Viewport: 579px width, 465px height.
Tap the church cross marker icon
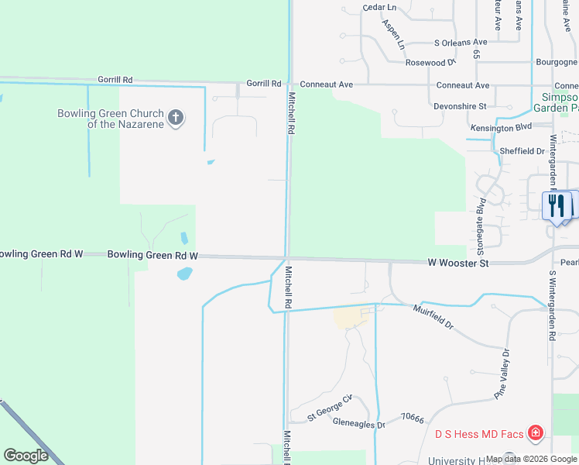click(176, 119)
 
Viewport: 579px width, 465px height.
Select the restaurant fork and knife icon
click(556, 206)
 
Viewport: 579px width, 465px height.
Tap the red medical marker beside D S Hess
click(534, 432)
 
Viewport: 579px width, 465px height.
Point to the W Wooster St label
click(458, 263)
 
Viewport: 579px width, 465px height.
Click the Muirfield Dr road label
click(433, 315)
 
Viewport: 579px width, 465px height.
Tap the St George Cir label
click(329, 407)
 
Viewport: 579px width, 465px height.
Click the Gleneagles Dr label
click(358, 424)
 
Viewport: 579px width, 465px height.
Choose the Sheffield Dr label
click(523, 150)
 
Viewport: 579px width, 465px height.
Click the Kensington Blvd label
click(501, 126)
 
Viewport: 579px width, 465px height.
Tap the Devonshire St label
click(460, 105)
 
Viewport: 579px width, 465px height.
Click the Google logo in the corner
click(26, 456)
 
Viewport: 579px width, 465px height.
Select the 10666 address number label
click(413, 418)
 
